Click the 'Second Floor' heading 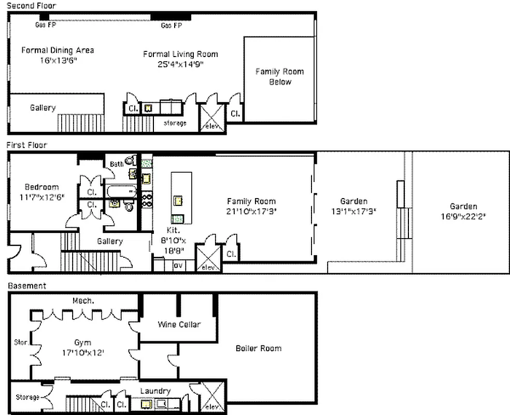click(x=31, y=5)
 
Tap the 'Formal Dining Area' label click(x=58, y=50)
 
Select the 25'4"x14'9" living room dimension click(x=180, y=65)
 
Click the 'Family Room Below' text click(x=279, y=76)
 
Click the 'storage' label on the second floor click(x=175, y=123)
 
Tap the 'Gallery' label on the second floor click(x=42, y=108)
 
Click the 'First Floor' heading click(x=26, y=145)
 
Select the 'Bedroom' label click(x=42, y=187)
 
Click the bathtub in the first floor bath click(x=121, y=191)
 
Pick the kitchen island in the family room click(x=181, y=198)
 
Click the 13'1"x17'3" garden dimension click(x=354, y=212)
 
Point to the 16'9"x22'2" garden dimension click(x=463, y=216)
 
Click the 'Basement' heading click(x=26, y=286)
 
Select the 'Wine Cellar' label click(x=179, y=325)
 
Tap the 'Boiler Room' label click(x=259, y=348)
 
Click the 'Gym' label click(x=82, y=342)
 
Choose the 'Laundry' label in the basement click(x=155, y=391)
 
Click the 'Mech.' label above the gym click(x=82, y=301)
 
